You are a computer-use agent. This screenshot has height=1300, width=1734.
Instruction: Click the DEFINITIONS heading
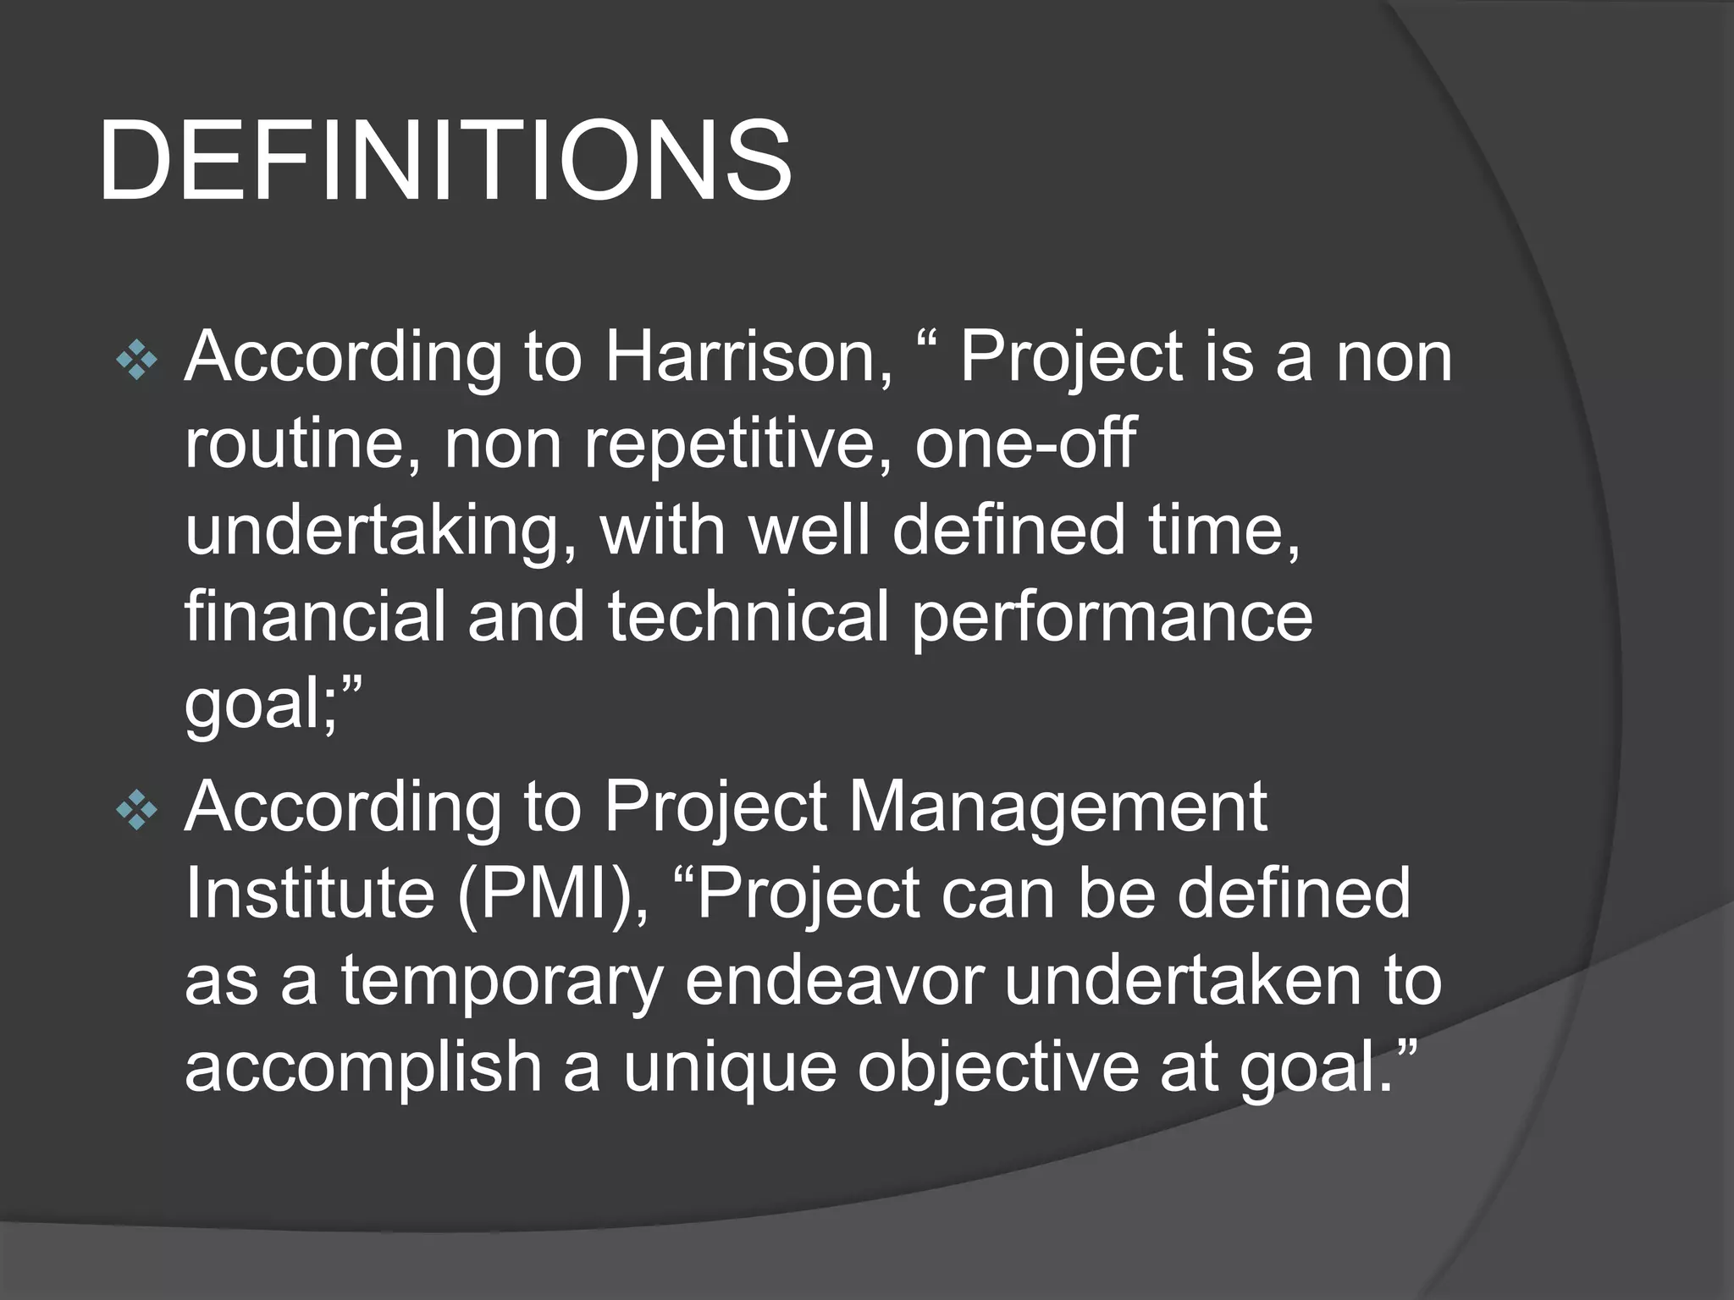point(445,161)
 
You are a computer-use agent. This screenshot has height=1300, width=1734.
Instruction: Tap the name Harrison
point(748,356)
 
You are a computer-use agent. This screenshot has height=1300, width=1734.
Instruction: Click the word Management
point(1058,808)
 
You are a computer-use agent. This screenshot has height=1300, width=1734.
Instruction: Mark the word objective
point(999,1068)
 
